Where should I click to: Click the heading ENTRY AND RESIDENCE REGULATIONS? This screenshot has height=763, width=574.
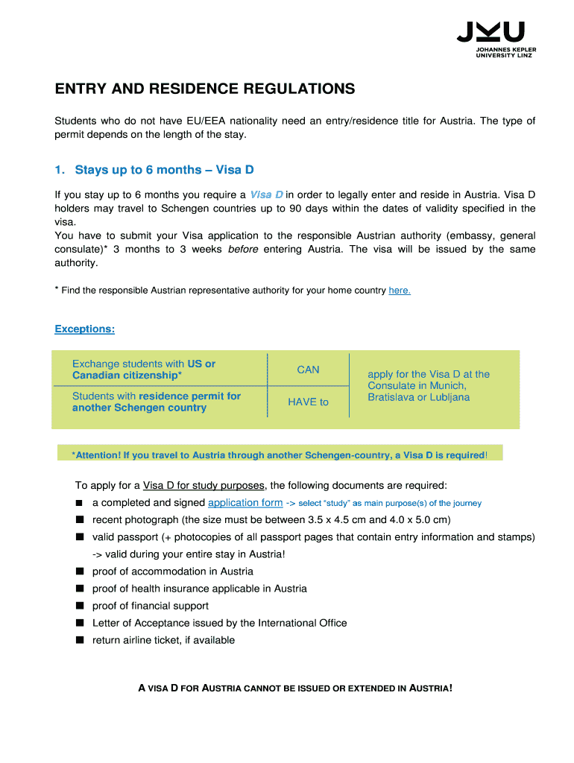click(x=205, y=89)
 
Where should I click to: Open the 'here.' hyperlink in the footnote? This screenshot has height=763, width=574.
click(x=400, y=291)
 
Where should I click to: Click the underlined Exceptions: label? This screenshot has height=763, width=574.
click(x=85, y=329)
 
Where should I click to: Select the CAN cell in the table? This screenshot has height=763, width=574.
click(x=308, y=370)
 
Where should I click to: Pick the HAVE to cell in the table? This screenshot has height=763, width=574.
click(x=308, y=402)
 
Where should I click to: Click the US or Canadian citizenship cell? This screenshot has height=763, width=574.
click(x=144, y=370)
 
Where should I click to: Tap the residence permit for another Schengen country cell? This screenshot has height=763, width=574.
click(x=156, y=402)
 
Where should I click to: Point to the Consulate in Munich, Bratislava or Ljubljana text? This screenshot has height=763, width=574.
click(x=429, y=386)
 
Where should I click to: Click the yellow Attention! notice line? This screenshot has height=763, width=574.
click(x=280, y=455)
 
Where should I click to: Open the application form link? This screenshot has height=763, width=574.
click(x=245, y=503)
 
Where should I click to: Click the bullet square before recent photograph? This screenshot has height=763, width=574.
click(x=79, y=520)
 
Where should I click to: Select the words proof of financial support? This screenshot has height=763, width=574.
click(x=151, y=606)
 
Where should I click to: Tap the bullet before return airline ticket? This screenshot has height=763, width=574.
click(x=79, y=640)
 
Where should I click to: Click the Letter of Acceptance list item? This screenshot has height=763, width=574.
click(x=219, y=623)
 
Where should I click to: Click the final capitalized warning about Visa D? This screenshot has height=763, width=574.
click(x=295, y=688)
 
